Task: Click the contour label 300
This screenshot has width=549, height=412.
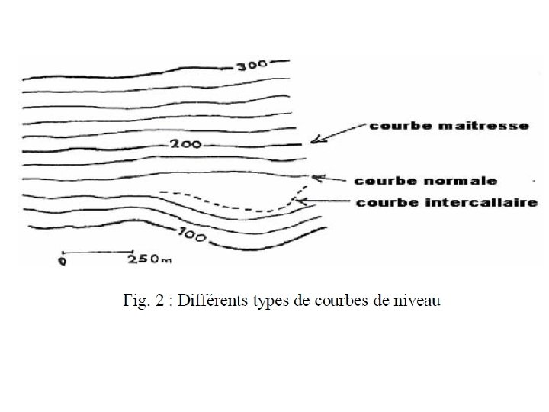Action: (251, 66)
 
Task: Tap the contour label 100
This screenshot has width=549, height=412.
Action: (194, 236)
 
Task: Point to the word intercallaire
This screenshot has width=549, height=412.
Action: (474, 203)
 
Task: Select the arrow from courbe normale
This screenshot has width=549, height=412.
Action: (330, 179)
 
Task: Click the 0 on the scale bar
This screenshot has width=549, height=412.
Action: (62, 261)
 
